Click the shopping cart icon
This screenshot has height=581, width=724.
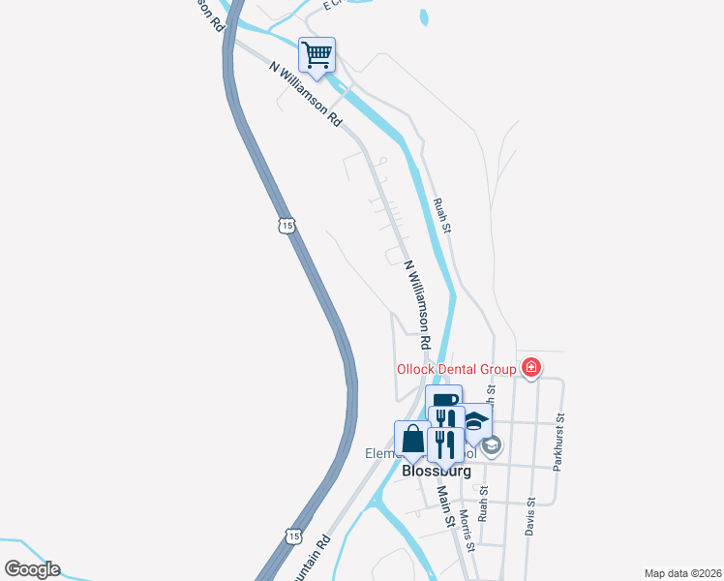[x=317, y=54]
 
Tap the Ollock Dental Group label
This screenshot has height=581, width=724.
[x=458, y=369]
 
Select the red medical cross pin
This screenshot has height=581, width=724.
[x=530, y=367]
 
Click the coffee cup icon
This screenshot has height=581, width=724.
[x=443, y=400]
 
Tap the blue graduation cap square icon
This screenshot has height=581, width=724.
[x=476, y=420]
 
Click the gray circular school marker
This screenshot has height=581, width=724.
[x=491, y=444]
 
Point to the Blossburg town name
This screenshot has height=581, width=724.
[x=436, y=472]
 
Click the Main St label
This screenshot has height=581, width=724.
[x=444, y=506]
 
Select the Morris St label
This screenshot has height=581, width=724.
[x=467, y=530]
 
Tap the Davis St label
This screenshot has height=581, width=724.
[x=529, y=515]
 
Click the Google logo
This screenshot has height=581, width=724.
[x=32, y=569]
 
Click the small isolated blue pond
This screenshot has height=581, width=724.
[x=423, y=17]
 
